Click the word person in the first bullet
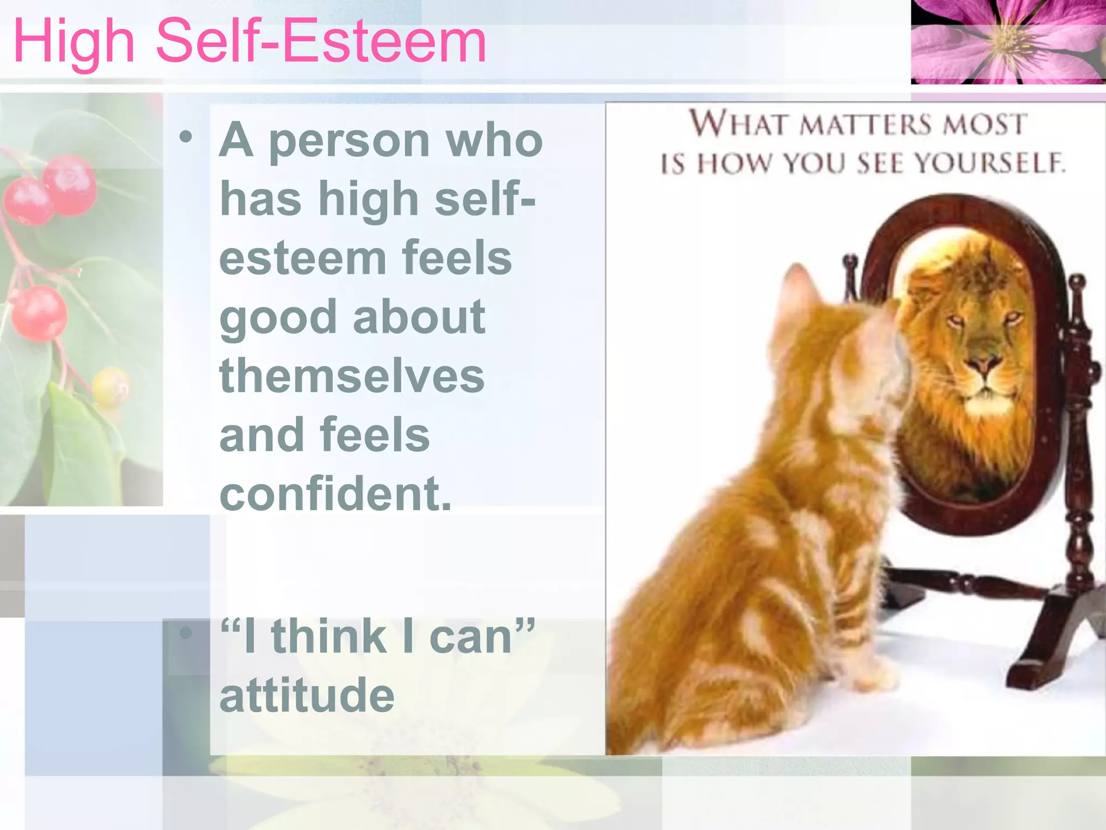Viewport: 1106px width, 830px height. tap(349, 140)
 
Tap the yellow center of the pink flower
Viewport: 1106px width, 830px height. tap(1006, 41)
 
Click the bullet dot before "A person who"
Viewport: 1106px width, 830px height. tap(186, 137)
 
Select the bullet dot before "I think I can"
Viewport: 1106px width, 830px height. tap(186, 633)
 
